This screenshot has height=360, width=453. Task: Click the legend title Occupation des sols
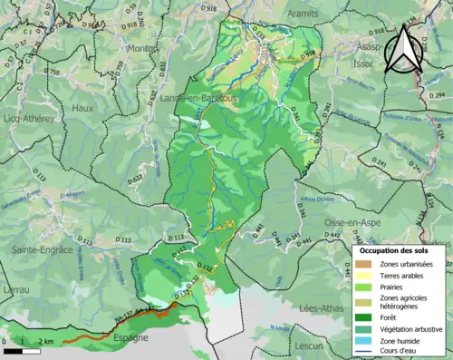pyautogui.click(x=395, y=250)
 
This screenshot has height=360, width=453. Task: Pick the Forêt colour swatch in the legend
pyautogui.click(x=368, y=317)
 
